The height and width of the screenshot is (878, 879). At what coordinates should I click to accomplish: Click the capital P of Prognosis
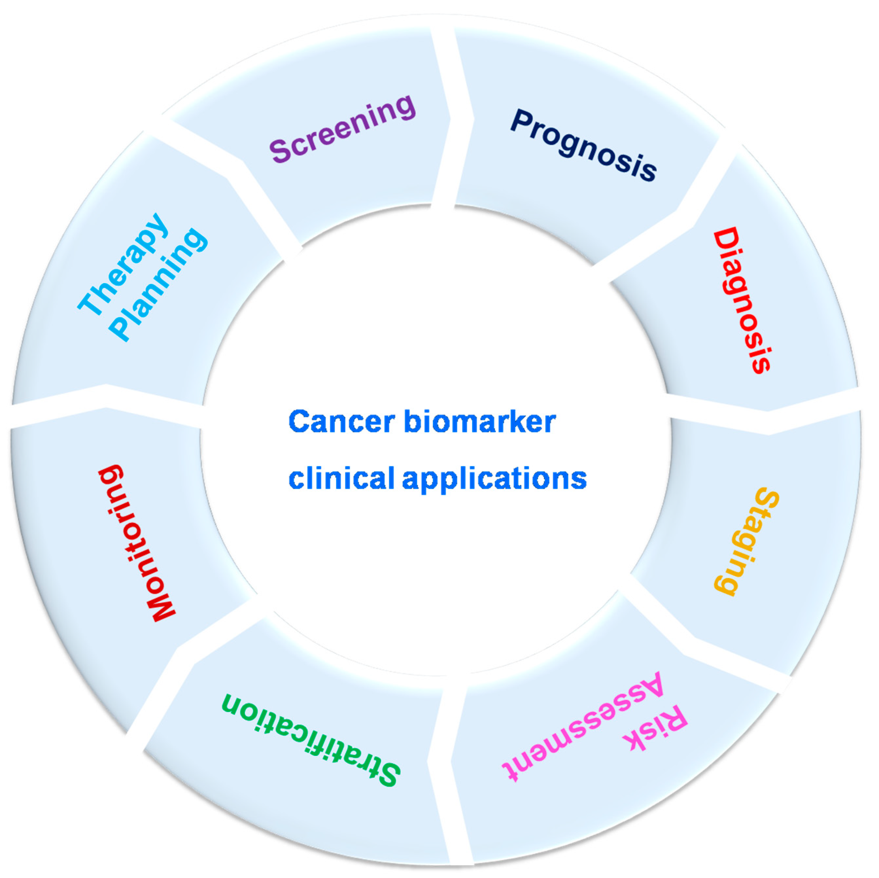(522, 121)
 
